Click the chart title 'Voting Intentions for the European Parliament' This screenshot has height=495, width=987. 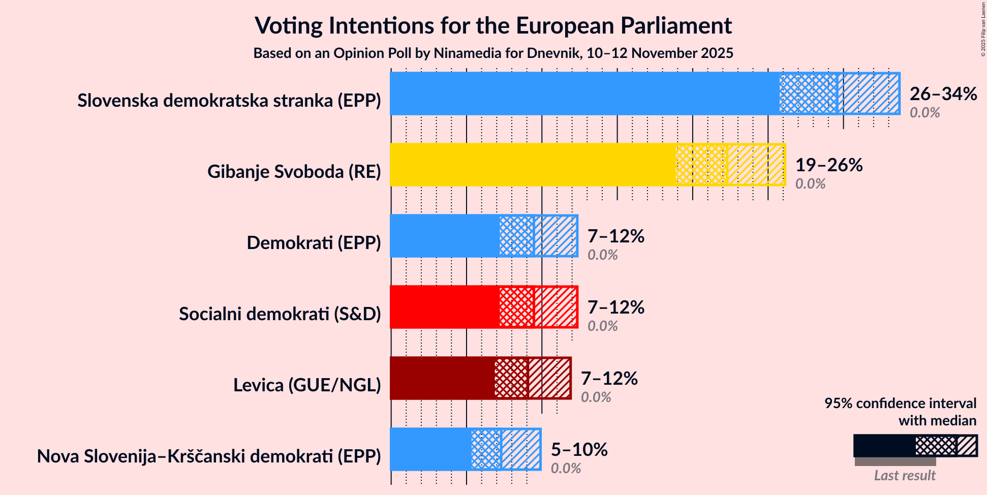coord(493,25)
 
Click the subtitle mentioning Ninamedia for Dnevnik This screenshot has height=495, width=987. coord(493,53)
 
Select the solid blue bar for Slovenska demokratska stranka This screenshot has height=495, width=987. coord(584,94)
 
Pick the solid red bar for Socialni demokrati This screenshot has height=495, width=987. coord(444,307)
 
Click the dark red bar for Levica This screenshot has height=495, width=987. coord(442,378)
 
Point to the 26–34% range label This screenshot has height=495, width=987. coord(943,94)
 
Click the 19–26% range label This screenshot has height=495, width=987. coord(828,165)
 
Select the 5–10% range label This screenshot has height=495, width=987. coord(579,450)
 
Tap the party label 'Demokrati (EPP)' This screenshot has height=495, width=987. coord(314,243)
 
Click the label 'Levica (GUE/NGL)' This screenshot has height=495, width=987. coord(307,385)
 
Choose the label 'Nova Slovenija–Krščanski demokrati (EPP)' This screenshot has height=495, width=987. coord(209,456)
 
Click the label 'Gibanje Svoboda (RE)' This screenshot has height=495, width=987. coord(294,172)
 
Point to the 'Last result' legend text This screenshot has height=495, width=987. coord(904,476)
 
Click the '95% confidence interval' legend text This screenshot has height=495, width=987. coord(900,404)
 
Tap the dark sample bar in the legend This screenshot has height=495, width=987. coord(884,446)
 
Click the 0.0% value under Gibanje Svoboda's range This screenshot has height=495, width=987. coord(810,184)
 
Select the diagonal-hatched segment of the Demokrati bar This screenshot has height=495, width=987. coord(556,236)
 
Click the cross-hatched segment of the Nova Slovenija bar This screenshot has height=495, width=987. coord(485,449)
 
